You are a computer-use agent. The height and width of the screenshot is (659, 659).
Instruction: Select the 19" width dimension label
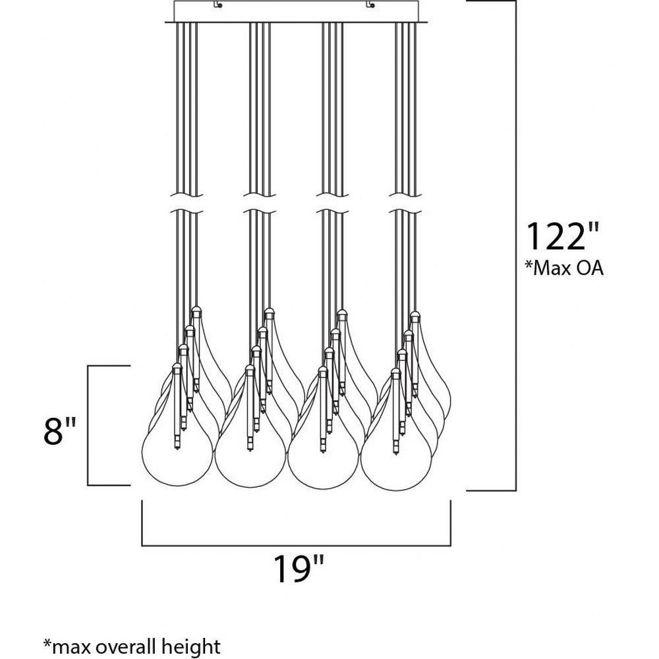pyautogui.click(x=299, y=569)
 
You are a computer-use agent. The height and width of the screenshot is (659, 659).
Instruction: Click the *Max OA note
pyautogui.click(x=564, y=268)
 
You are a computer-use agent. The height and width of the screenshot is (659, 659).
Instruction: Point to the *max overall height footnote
pyautogui.click(x=132, y=646)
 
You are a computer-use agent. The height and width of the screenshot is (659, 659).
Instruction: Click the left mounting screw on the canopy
pyautogui.click(x=217, y=5)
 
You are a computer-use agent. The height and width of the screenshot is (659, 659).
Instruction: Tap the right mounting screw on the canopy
pyautogui.click(x=370, y=5)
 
